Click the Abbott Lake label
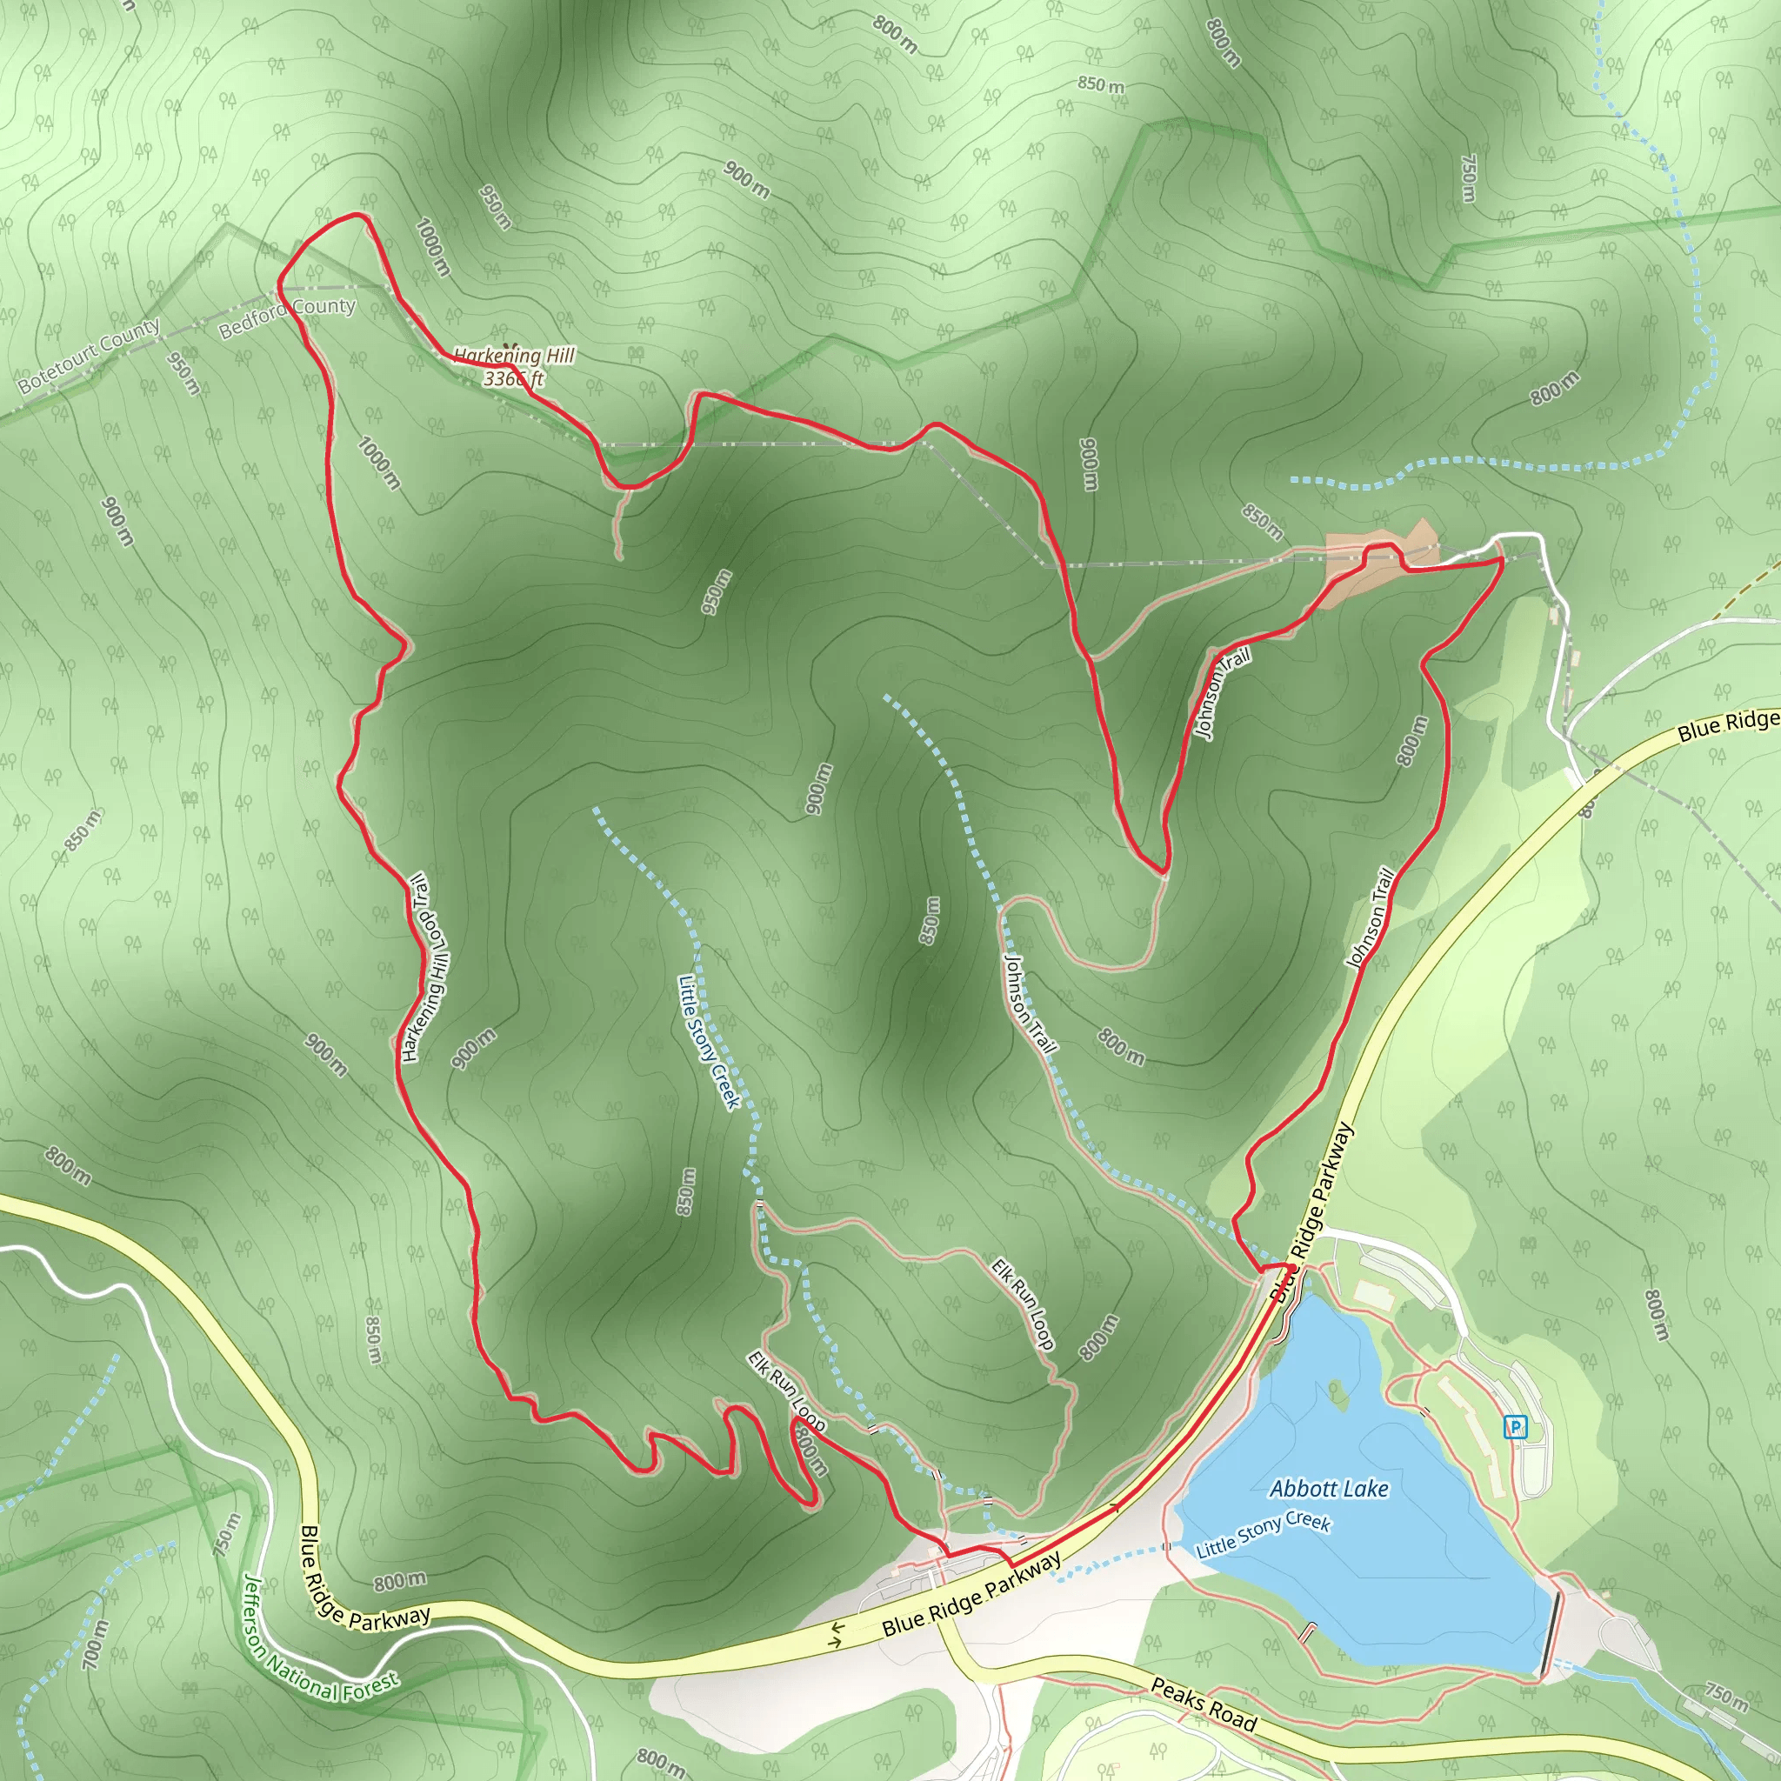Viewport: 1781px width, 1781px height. (x=1329, y=1488)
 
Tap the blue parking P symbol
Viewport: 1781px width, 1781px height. (x=1515, y=1428)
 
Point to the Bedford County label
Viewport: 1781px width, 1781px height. (x=287, y=317)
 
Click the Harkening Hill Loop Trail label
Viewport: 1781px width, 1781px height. (x=425, y=967)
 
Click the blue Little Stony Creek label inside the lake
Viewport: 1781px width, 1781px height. (x=1262, y=1535)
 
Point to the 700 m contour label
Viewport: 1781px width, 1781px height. (x=95, y=1644)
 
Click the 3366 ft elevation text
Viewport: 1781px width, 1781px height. (x=513, y=379)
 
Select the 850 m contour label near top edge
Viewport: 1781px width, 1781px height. (x=1101, y=85)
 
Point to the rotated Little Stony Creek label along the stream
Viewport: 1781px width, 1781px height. (x=709, y=1043)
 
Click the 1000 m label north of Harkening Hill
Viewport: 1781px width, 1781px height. (x=432, y=246)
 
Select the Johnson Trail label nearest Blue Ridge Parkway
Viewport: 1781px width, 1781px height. (x=1371, y=917)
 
